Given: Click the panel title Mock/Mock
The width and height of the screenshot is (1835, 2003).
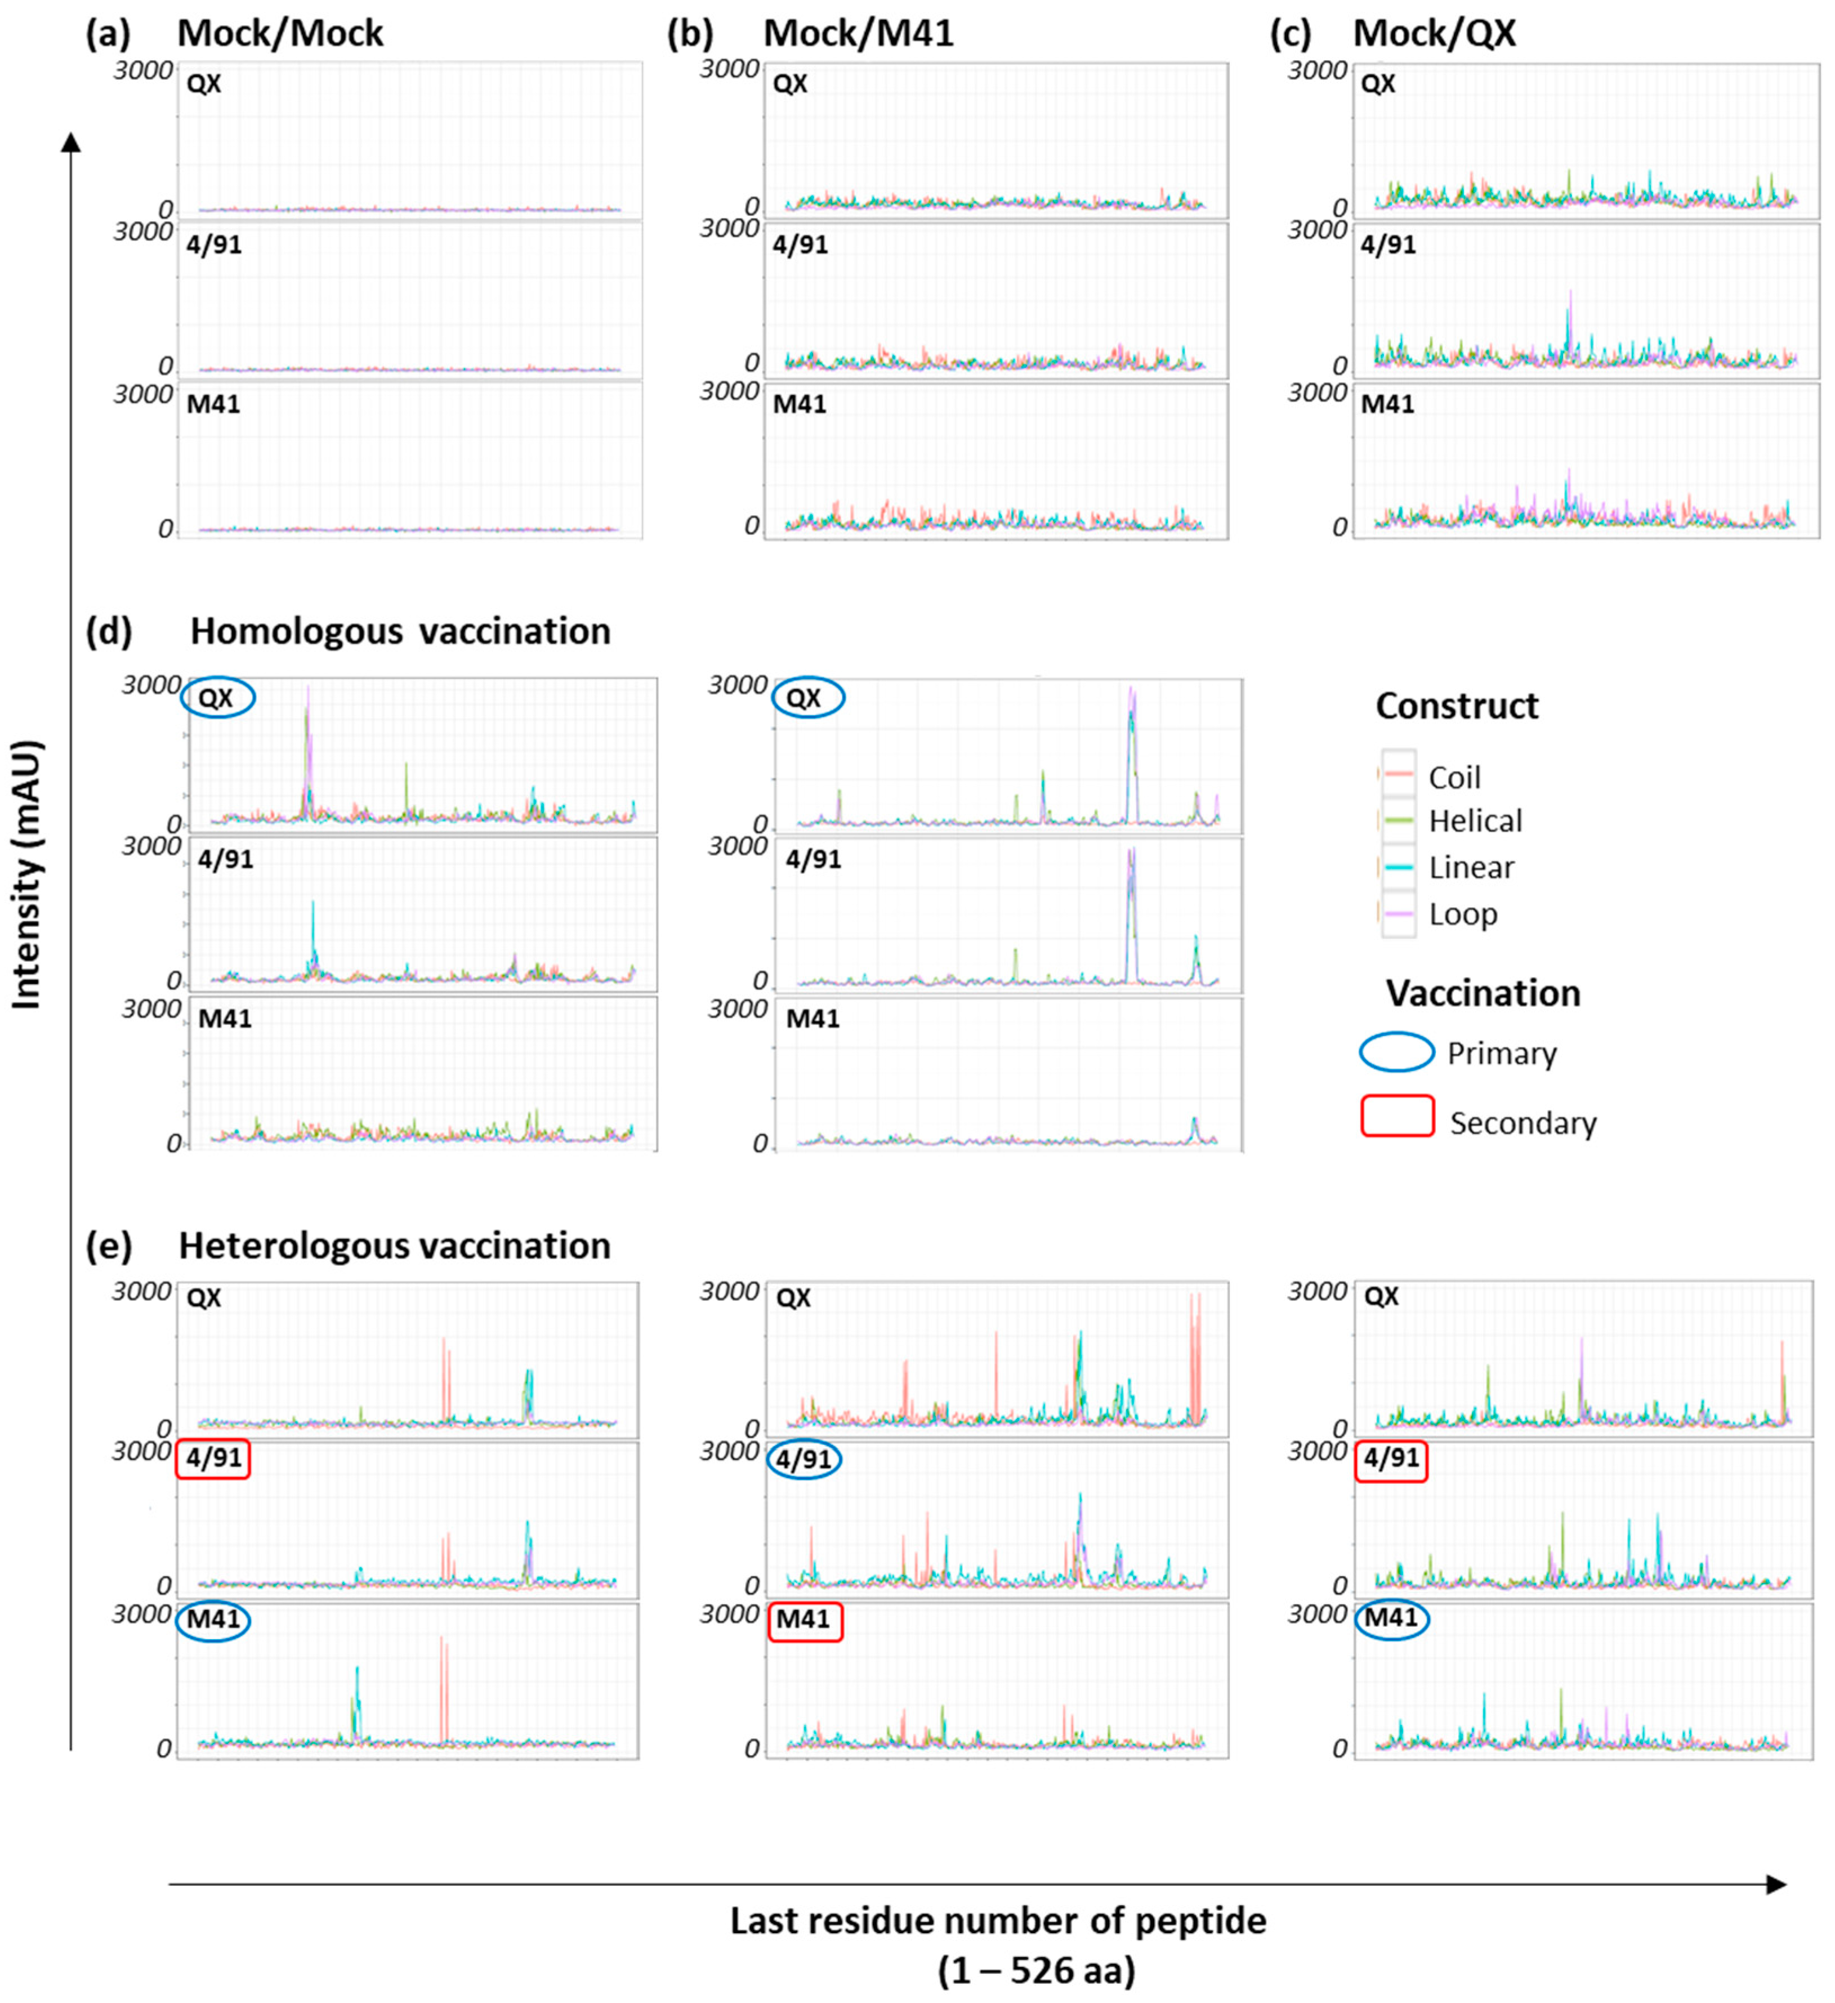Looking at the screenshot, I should coord(280,34).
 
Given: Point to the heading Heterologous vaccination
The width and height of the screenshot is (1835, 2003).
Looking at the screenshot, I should coord(394,1246).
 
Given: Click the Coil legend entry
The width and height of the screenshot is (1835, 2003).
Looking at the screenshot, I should coord(1453,777).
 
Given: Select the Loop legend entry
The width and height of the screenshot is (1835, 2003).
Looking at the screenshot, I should coord(1462,914).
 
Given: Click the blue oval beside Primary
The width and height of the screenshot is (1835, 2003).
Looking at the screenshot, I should coord(1396,1052).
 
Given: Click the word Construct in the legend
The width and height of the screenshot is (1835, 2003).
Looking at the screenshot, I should coord(1457,706).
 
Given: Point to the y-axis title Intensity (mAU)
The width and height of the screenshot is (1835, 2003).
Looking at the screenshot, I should coord(28,875).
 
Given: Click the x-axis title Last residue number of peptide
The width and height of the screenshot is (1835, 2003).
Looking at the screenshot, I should coord(998,1921).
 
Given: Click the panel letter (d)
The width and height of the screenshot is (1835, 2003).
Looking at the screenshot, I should coord(109,632).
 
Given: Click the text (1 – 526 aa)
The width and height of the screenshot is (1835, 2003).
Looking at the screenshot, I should coord(1036,1970).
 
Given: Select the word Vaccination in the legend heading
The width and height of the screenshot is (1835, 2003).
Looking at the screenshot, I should coord(1483,993).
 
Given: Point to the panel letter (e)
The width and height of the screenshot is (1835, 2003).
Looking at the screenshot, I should coord(109,1246).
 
